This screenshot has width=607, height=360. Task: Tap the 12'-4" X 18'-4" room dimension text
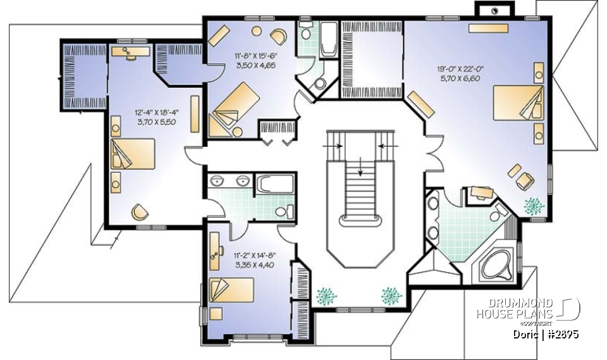(156, 113)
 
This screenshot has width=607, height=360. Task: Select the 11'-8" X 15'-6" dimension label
(255, 55)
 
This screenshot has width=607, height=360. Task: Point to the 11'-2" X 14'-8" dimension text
(254, 255)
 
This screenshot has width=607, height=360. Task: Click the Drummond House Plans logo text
(515, 309)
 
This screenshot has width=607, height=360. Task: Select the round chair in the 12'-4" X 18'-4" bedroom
(140, 212)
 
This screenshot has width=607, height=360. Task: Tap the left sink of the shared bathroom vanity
(219, 181)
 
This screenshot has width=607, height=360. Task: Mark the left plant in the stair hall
(327, 295)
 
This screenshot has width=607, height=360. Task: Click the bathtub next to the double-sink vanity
(275, 185)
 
